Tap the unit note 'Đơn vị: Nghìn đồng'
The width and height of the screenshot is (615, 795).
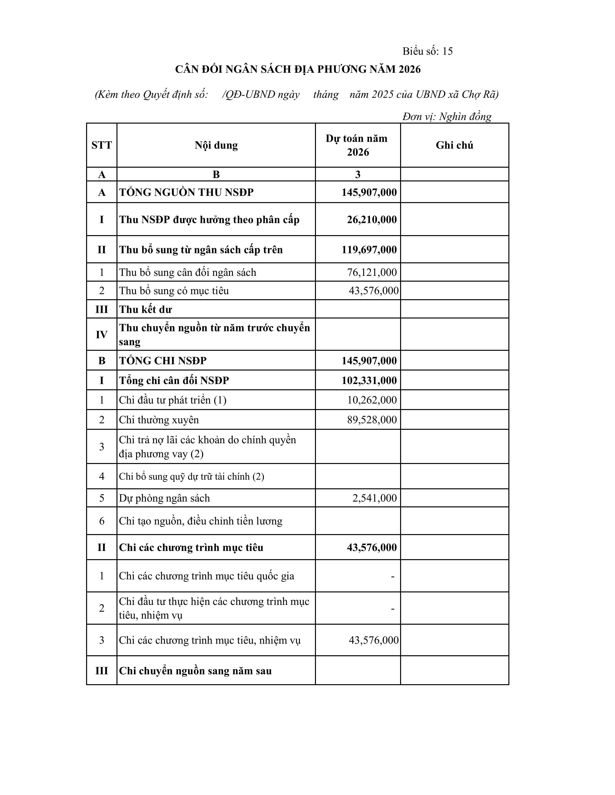[447, 117]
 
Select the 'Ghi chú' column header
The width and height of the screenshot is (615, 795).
[454, 145]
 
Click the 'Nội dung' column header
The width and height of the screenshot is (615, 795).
[216, 145]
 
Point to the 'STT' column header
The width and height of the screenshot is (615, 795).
[102, 145]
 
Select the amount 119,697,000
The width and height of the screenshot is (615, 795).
[369, 250]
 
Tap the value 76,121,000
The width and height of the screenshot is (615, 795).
[372, 272]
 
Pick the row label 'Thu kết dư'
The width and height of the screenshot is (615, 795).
[145, 309]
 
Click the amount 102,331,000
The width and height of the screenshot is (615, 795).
[369, 380]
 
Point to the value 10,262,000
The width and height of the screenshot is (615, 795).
[372, 400]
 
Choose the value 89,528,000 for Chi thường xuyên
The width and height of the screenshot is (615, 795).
[372, 420]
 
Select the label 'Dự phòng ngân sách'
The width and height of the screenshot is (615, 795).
[164, 498]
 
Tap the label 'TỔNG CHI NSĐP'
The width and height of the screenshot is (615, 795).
[163, 361]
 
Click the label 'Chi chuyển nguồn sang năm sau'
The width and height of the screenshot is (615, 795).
[195, 671]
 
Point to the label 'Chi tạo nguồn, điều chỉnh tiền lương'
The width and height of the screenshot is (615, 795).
[201, 521]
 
